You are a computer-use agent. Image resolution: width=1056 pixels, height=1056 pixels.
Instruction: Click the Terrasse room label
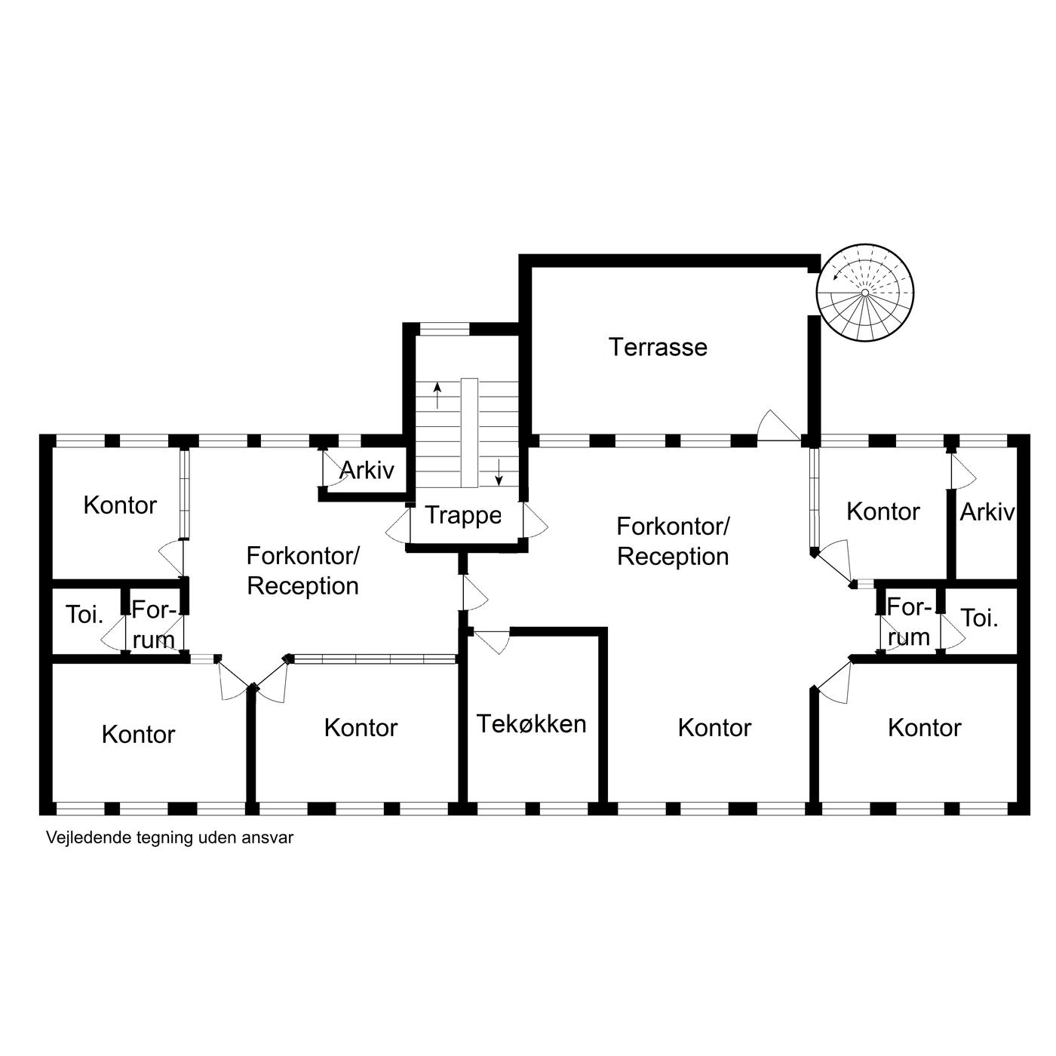pyautogui.click(x=658, y=348)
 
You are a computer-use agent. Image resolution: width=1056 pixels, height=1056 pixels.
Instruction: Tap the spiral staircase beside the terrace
pyautogui.click(x=864, y=293)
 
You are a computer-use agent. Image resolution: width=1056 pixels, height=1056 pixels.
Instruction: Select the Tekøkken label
pyautogui.click(x=531, y=724)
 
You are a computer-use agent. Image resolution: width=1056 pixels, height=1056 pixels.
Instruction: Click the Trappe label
pyautogui.click(x=463, y=516)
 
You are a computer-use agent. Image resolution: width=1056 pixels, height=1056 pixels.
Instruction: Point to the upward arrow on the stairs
pyautogui.click(x=437, y=396)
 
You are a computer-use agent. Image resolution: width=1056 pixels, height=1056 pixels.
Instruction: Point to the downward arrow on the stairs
pyautogui.click(x=499, y=473)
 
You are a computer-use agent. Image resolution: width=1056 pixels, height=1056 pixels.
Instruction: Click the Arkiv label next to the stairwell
pyautogui.click(x=367, y=470)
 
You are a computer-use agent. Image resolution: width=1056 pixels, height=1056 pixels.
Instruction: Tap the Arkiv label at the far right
pyautogui.click(x=987, y=512)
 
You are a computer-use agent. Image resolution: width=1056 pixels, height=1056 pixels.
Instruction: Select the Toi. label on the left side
pyautogui.click(x=85, y=614)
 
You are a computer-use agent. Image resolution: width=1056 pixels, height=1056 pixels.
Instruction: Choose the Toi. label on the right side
pyautogui.click(x=979, y=619)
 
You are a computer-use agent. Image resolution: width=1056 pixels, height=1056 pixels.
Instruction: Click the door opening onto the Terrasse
pyautogui.click(x=778, y=425)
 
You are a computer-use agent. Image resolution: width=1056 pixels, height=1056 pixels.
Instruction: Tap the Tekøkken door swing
pyautogui.click(x=492, y=642)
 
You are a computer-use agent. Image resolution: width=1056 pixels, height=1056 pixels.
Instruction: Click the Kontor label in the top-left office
pyautogui.click(x=120, y=505)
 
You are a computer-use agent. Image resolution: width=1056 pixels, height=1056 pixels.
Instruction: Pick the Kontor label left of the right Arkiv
pyautogui.click(x=883, y=512)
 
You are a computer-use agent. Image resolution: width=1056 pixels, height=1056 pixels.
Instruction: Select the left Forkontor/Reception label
pyautogui.click(x=302, y=571)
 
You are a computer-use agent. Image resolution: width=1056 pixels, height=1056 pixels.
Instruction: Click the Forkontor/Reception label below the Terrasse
pyautogui.click(x=673, y=542)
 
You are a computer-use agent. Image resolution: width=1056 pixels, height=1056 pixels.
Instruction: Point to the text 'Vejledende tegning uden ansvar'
pyautogui.click(x=170, y=838)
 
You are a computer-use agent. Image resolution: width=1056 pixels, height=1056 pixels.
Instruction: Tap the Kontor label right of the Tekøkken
pyautogui.click(x=714, y=728)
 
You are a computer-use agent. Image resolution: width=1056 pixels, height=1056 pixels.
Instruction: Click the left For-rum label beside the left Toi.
pyautogui.click(x=153, y=625)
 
